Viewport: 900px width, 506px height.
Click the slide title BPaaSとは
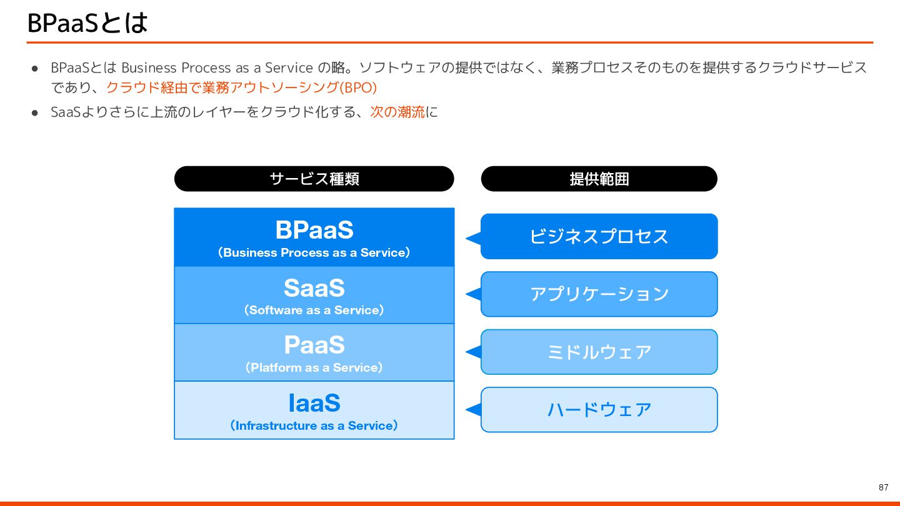[x=87, y=23]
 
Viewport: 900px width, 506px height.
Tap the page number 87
[x=883, y=487]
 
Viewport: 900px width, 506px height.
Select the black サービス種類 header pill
[x=314, y=179]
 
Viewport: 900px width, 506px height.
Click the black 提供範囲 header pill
[x=599, y=179]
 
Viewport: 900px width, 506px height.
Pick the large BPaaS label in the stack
[x=314, y=230]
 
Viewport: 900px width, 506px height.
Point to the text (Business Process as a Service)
[x=314, y=253]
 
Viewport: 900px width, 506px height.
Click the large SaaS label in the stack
[x=314, y=288]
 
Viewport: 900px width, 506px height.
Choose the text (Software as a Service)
[x=314, y=310]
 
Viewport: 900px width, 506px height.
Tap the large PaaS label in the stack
[x=314, y=345]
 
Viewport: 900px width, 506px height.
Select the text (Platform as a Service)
[x=314, y=368]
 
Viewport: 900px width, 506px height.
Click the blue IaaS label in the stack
[x=314, y=403]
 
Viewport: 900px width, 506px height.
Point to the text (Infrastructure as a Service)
[x=314, y=426]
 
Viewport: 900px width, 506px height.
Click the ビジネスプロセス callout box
[x=599, y=236]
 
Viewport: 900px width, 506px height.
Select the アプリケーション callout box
[x=599, y=294]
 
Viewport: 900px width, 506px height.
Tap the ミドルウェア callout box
[x=599, y=352]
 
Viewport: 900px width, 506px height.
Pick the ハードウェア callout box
[x=599, y=410]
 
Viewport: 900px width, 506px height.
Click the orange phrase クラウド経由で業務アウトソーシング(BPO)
[x=241, y=87]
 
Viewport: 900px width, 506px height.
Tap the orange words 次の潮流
[x=397, y=112]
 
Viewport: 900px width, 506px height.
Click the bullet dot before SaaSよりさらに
[x=36, y=112]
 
